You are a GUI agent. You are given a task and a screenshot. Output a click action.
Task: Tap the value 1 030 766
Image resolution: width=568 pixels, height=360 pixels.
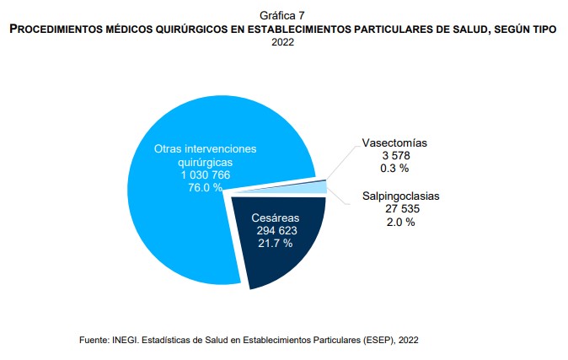(206, 175)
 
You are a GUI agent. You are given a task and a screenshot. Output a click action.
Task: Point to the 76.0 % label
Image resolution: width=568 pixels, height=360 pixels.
(205, 187)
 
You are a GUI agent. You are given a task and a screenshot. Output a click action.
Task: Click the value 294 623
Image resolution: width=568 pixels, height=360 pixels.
(276, 230)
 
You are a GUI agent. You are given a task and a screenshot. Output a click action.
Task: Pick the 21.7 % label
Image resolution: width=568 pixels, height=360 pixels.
(276, 243)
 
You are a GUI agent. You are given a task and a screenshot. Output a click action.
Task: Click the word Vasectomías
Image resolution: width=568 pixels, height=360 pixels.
(394, 142)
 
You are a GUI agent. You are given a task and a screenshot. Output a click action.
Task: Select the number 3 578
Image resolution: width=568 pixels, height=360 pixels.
(396, 155)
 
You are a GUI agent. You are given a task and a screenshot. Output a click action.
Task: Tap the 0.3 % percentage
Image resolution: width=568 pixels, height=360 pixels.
(394, 169)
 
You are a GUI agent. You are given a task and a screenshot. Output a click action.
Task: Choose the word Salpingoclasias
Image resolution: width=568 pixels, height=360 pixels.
(400, 196)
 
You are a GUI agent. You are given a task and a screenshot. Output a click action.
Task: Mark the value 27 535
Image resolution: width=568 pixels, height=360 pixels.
(402, 209)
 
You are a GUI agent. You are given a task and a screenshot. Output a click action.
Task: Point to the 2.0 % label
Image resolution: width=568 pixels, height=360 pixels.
(400, 222)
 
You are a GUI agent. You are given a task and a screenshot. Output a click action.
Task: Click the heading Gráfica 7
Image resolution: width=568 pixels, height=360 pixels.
(282, 15)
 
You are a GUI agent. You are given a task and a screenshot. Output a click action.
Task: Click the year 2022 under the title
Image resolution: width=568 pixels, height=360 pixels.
(282, 42)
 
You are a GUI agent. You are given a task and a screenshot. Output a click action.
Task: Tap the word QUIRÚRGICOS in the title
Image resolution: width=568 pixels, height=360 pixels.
(191, 30)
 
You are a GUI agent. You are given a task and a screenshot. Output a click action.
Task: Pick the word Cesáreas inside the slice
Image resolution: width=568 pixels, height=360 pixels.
(276, 218)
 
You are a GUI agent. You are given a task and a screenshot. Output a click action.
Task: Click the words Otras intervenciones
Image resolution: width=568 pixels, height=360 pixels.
(205, 148)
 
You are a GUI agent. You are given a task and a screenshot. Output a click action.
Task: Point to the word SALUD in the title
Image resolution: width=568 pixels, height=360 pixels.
(470, 29)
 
